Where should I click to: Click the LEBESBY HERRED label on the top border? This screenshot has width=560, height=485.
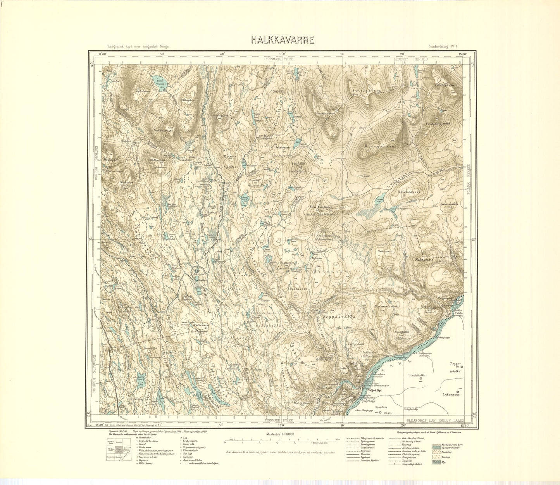(410, 59)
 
